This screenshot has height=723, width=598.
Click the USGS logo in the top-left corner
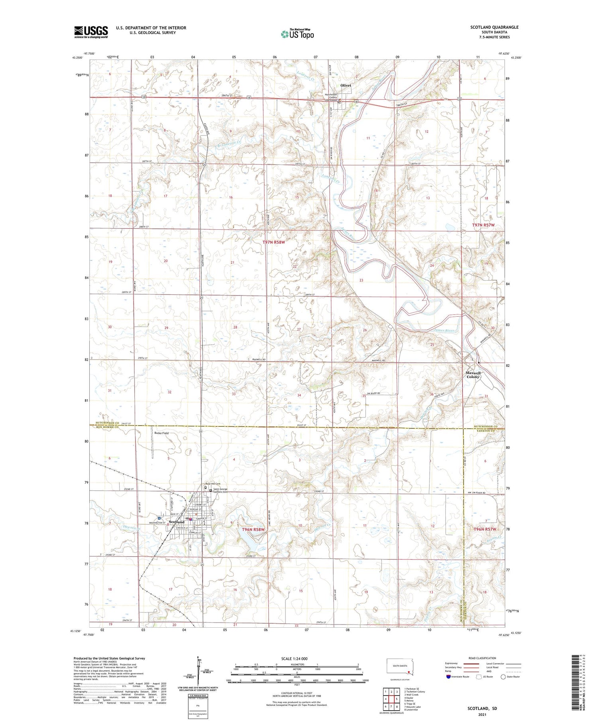pyautogui.click(x=91, y=32)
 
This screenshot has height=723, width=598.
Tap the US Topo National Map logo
pyautogui.click(x=297, y=34)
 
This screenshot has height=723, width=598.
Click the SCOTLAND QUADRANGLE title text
pyautogui.click(x=494, y=27)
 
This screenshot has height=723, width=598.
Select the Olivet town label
pyautogui.click(x=346, y=85)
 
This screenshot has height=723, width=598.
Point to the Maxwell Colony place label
pyautogui.click(x=473, y=375)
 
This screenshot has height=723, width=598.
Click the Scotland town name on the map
pyautogui.click(x=177, y=522)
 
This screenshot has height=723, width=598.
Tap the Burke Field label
pyautogui.click(x=161, y=433)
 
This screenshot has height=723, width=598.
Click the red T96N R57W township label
pyautogui.click(x=485, y=529)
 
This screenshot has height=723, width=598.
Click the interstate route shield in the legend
pyautogui.click(x=448, y=676)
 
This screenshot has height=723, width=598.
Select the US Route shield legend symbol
pyautogui.click(x=480, y=676)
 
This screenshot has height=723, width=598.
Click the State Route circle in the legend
pyautogui.click(x=504, y=676)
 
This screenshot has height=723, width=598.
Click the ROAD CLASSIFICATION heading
pyautogui.click(x=482, y=658)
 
